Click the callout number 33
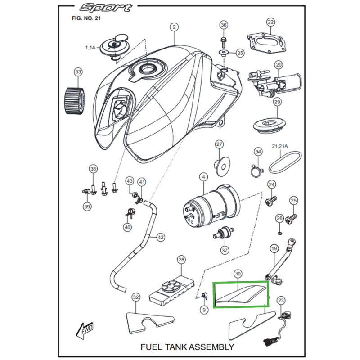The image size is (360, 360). (x=79, y=72)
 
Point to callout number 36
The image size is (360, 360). (x=224, y=25)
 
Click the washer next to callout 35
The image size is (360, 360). (x=224, y=53)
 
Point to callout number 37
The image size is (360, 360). (x=224, y=250)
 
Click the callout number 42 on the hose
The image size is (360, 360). (x=160, y=237)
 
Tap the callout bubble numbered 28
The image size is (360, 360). (x=181, y=260)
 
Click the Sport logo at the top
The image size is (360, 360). (x=107, y=8)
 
